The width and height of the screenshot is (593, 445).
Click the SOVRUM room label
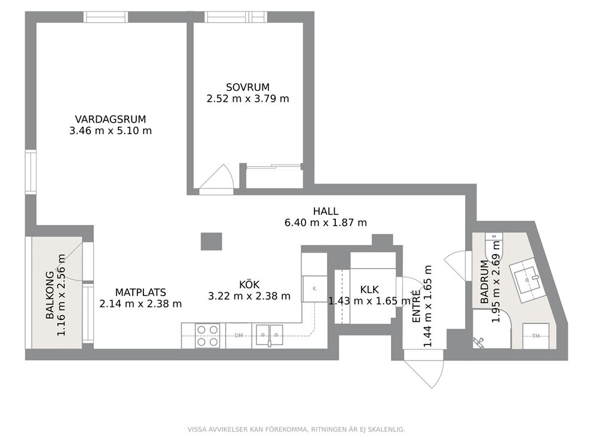click(x=247, y=87)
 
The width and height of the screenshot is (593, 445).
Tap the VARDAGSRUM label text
click(x=111, y=120)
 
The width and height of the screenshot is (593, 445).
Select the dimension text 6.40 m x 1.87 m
click(x=326, y=222)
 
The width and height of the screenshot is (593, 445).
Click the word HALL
click(x=326, y=211)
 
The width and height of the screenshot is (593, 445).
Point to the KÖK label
click(x=249, y=284)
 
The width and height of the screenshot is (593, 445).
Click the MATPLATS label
click(x=140, y=292)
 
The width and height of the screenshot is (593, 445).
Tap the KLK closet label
click(x=369, y=290)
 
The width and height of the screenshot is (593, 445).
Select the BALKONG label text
click(x=50, y=295)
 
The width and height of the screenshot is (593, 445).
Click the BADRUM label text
click(x=484, y=282)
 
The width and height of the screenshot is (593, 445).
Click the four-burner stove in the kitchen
click(x=207, y=336)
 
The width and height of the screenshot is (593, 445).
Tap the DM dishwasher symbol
click(x=239, y=336)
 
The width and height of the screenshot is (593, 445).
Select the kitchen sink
click(x=269, y=336)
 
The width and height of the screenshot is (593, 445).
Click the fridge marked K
click(x=314, y=289)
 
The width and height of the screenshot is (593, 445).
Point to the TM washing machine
click(x=536, y=336)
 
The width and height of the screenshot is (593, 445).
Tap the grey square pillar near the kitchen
click(x=212, y=242)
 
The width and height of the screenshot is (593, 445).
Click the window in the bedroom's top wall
click(x=236, y=17)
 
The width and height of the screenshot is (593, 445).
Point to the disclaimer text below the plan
click(x=296, y=429)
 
